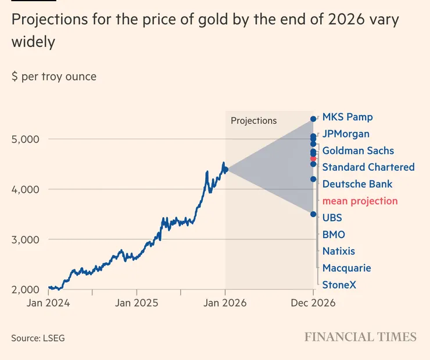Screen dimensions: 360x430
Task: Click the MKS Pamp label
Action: [x=347, y=117]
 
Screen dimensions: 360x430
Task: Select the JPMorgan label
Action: [x=346, y=134]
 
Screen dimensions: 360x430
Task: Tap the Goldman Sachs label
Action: [x=358, y=151]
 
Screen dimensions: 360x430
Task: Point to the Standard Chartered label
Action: [x=368, y=168]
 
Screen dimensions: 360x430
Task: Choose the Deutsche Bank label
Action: [x=357, y=185]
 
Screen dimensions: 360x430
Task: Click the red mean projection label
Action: [x=360, y=201]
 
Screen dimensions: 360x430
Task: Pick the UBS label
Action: [x=332, y=218]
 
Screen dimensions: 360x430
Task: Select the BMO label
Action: [x=334, y=235]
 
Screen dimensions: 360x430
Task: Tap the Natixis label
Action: [x=339, y=251]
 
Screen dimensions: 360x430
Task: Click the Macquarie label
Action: [x=346, y=268]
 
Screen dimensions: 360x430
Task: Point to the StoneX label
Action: [x=339, y=285]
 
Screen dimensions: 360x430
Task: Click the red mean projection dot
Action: [x=313, y=159]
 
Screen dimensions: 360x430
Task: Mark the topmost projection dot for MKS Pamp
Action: [x=313, y=119]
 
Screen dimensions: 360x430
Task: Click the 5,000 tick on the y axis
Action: [x=25, y=139]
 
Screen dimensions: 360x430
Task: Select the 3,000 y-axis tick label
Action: [x=25, y=240]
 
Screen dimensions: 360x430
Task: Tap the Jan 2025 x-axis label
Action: [x=137, y=303]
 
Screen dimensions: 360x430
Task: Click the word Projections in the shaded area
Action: [x=254, y=121]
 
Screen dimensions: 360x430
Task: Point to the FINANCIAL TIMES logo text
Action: [x=360, y=337]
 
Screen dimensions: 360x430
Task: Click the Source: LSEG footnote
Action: [x=38, y=338]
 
